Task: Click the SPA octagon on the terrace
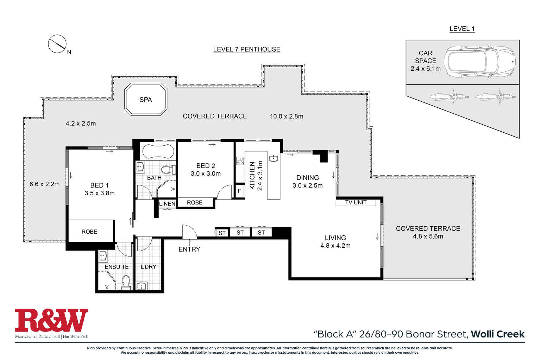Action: click(146, 99)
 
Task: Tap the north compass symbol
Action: click(57, 44)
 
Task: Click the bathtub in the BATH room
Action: click(158, 151)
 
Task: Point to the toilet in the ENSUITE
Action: click(126, 283)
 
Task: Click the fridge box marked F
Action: click(239, 191)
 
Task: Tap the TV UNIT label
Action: click(356, 202)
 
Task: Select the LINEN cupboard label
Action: click(167, 204)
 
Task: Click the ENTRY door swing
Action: click(189, 232)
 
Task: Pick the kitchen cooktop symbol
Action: click(240, 161)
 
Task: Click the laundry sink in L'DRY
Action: click(141, 286)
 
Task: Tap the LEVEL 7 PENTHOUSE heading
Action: click(247, 49)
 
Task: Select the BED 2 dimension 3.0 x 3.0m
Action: click(206, 173)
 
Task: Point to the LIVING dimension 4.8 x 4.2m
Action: click(335, 246)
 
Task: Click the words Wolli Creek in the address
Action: click(498, 334)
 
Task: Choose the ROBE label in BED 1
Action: click(89, 232)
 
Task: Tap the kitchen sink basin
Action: click(274, 158)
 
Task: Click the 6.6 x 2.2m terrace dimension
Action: click(44, 184)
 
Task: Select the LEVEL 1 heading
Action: click(462, 29)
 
